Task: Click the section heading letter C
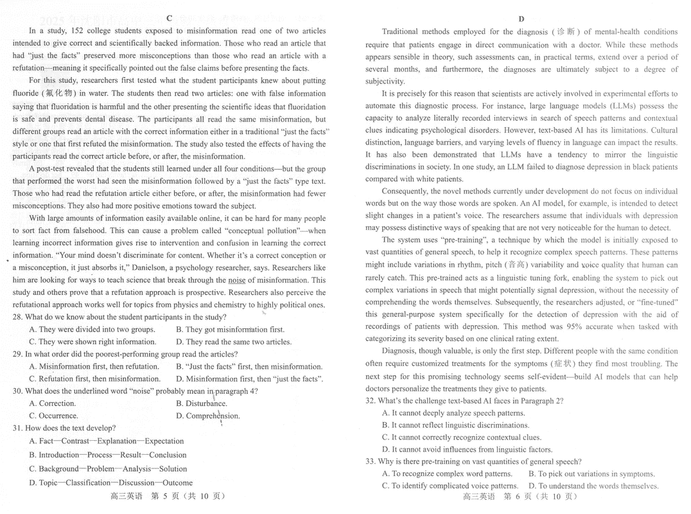coord(169,18)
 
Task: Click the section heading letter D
coord(521,19)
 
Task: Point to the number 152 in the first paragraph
coord(75,31)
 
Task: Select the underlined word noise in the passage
coord(237,280)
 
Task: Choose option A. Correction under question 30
coord(53,403)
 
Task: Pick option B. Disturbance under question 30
coord(202,403)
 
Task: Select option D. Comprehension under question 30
coord(208,416)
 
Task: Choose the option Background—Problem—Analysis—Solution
coord(108,469)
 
